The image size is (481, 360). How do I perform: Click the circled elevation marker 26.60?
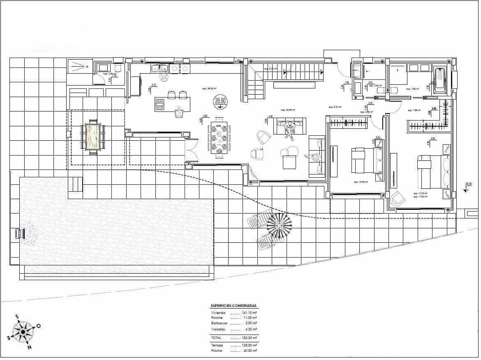(220, 100)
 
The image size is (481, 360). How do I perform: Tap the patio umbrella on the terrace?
(279, 225)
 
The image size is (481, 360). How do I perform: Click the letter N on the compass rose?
(29, 347)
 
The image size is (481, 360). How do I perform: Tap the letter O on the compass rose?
(38, 326)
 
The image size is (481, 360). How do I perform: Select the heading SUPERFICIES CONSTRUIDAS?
(234, 306)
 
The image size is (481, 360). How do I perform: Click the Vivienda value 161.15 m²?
(249, 313)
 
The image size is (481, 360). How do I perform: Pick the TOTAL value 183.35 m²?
(249, 337)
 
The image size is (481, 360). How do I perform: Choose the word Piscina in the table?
(217, 351)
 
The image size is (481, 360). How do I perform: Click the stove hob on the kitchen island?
(160, 105)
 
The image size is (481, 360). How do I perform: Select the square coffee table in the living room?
(289, 163)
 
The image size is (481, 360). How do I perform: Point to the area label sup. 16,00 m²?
(361, 181)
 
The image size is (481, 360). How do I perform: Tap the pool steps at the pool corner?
(75, 184)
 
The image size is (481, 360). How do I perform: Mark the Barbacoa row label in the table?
(220, 323)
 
